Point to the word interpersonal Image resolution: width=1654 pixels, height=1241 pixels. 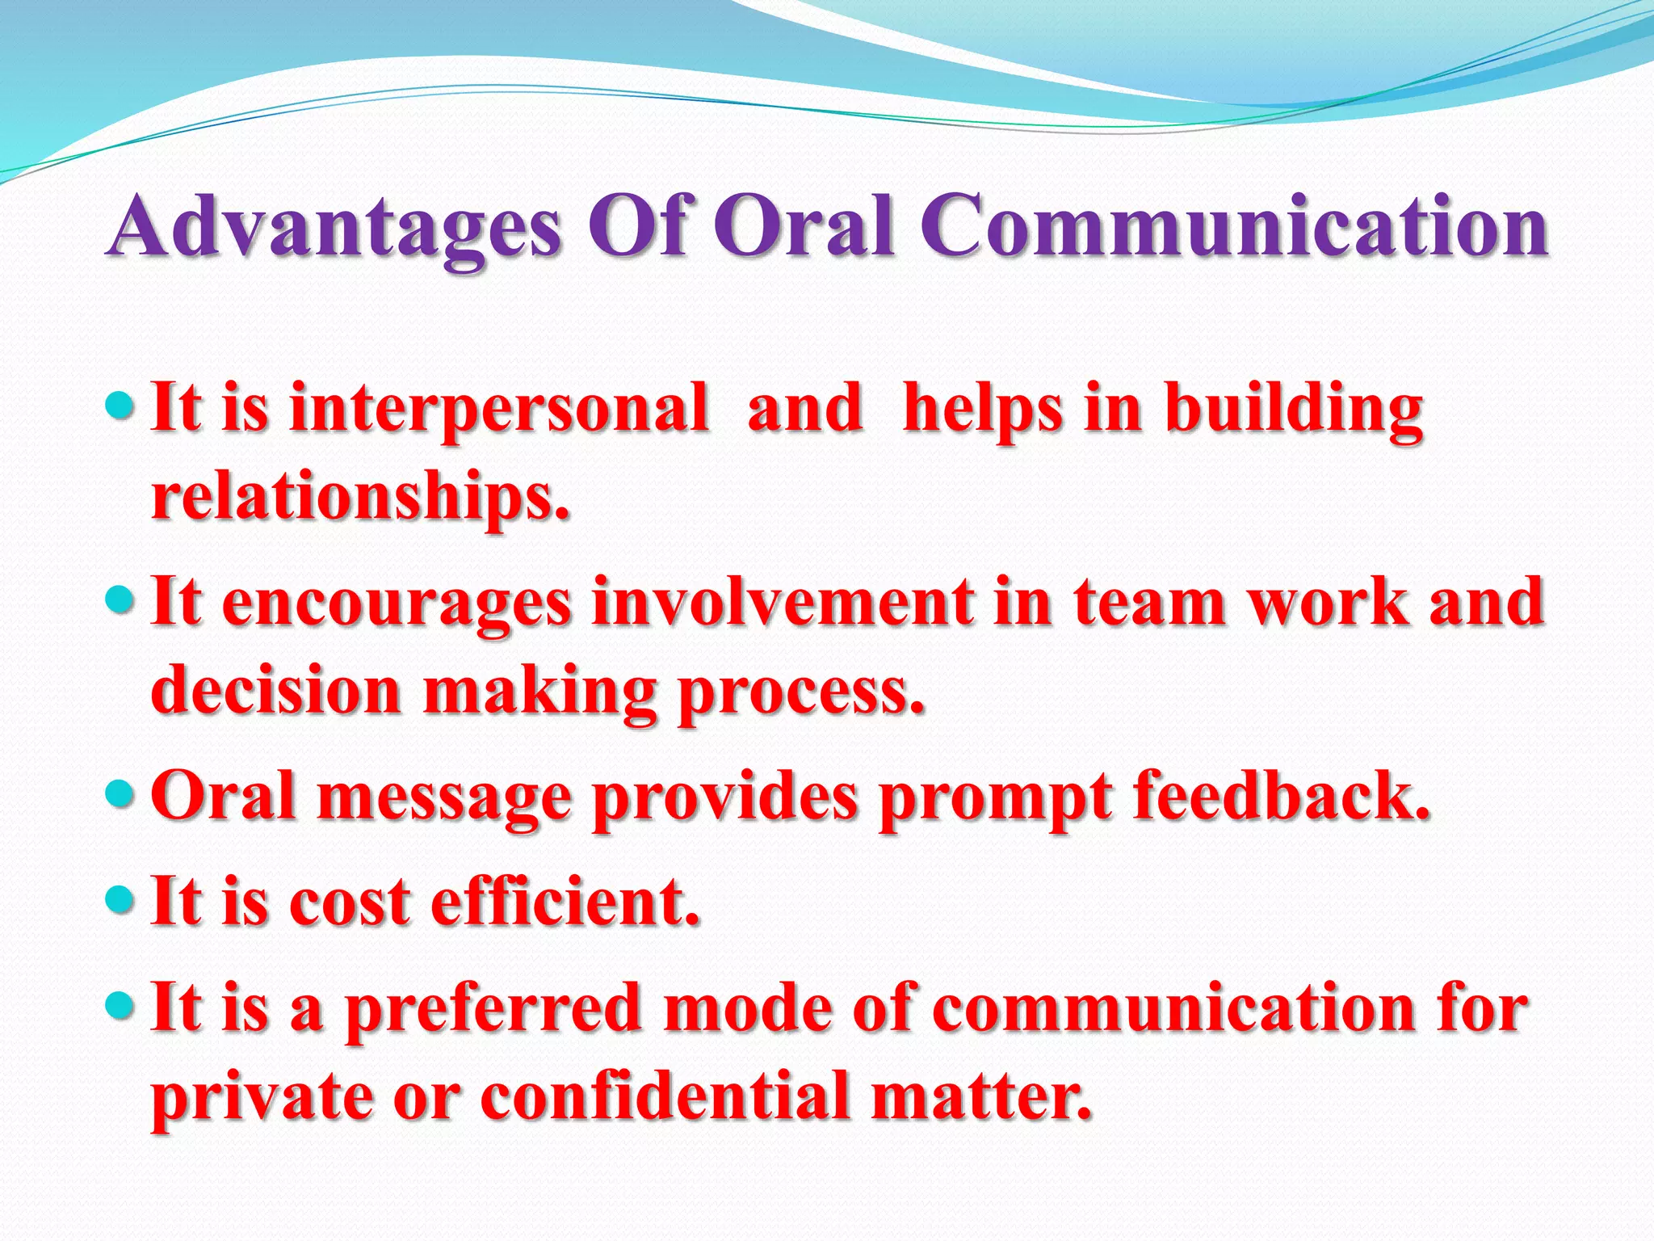coord(498,409)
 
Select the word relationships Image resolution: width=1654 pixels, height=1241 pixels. coord(360,496)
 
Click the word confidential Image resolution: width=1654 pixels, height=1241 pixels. coord(665,1097)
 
